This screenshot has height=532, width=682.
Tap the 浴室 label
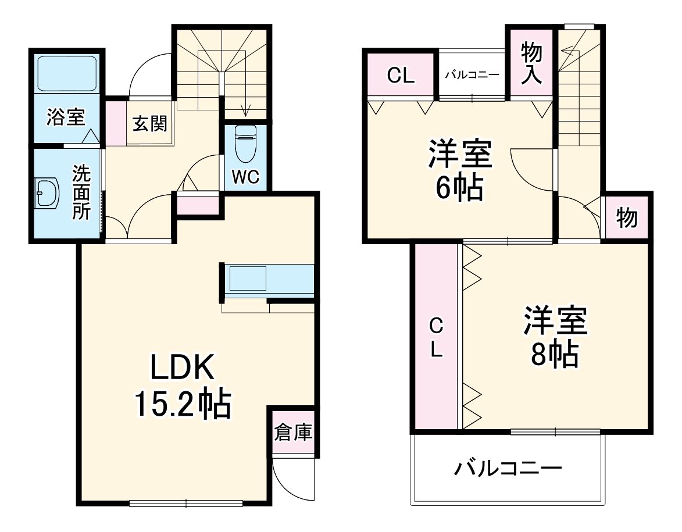66,118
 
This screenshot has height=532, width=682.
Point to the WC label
245,178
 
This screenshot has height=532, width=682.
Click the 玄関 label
150,124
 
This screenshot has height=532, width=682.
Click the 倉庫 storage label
294,433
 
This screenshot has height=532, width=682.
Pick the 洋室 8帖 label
555,337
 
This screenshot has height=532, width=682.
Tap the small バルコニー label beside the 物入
472,75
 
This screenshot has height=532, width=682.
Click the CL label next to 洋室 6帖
401,76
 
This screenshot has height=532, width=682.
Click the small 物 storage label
627,219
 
